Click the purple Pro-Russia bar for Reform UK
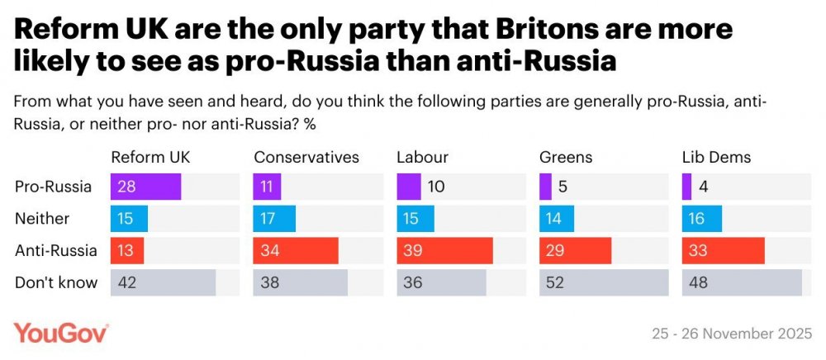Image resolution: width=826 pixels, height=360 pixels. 145,187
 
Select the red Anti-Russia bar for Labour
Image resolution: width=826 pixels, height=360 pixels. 444,250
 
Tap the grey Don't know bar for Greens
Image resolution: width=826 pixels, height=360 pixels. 605,282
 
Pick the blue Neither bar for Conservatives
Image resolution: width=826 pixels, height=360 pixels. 274,219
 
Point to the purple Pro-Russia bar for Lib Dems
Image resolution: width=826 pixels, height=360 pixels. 687,187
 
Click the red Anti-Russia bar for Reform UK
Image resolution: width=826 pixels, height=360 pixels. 127,250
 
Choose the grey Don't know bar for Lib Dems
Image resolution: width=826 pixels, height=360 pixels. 742,282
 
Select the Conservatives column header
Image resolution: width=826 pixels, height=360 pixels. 306,158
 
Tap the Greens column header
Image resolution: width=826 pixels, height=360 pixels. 567,158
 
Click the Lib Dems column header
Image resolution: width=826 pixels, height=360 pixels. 716,158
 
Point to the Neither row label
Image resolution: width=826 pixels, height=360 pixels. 41,219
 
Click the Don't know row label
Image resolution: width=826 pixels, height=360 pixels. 56,282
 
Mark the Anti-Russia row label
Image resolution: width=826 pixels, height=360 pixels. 56,250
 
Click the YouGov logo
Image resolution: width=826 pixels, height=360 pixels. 61,333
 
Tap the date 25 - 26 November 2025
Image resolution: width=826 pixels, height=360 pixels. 732,334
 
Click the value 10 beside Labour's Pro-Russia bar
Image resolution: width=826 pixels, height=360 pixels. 436,187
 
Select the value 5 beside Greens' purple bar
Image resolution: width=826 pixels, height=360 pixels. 562,187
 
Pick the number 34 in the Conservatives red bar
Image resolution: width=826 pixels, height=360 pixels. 269,250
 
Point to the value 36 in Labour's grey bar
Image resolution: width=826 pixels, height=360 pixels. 413,282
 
